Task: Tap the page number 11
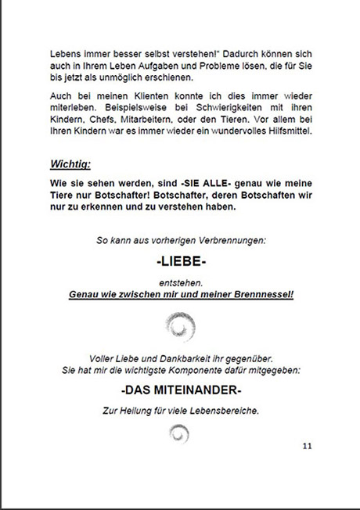click(x=307, y=446)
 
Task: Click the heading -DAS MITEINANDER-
click(x=182, y=390)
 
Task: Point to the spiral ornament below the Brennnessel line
click(x=181, y=322)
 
